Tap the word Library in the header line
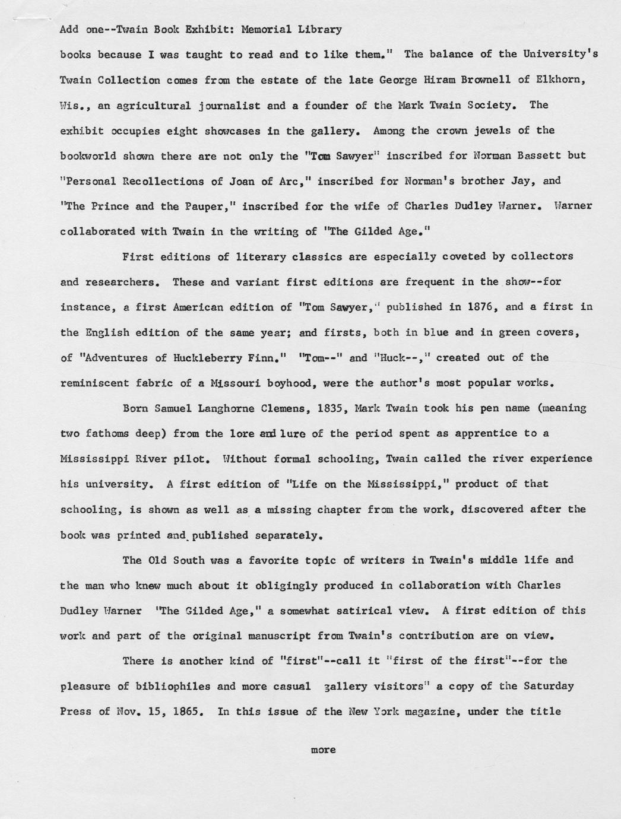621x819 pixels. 320,29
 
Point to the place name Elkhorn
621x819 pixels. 561,80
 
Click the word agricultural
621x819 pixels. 153,106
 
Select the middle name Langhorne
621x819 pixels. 217,408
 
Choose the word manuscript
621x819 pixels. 279,636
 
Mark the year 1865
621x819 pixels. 188,711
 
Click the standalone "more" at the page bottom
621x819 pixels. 323,750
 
